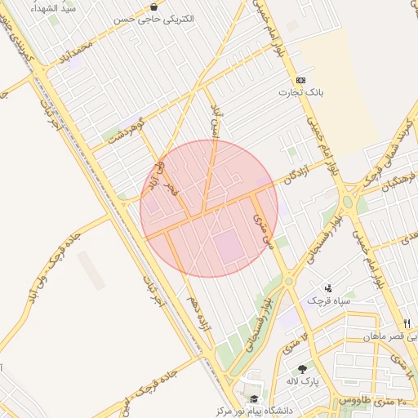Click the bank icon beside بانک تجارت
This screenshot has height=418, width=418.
coord(301,80)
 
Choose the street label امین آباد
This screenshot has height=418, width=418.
coord(216,122)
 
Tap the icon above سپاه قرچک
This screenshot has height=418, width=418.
coord(328,287)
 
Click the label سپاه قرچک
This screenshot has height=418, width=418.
coord(328,300)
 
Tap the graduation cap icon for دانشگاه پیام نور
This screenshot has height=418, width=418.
coord(254,399)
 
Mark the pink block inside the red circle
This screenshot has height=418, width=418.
coord(230,246)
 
